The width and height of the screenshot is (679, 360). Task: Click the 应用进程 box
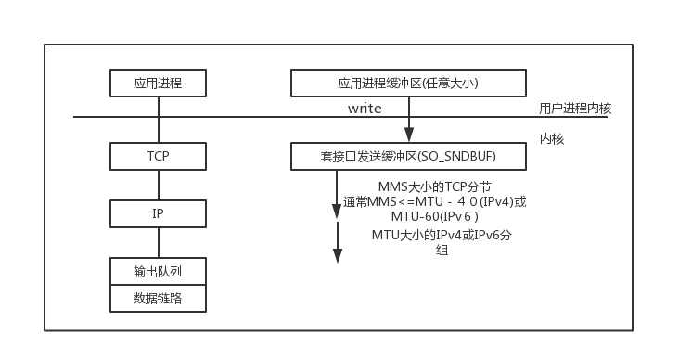tap(158, 84)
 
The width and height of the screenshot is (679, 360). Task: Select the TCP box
tap(158, 156)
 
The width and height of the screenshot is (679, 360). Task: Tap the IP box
tap(158, 213)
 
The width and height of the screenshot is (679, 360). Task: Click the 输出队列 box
tap(158, 271)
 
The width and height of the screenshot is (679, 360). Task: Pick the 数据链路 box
tap(158, 298)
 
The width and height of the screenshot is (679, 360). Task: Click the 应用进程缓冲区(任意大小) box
tap(408, 84)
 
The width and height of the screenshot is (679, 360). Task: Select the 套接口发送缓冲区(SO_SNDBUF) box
tap(408, 157)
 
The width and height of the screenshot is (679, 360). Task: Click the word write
tap(365, 109)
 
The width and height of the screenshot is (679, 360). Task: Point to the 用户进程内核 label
tap(575, 109)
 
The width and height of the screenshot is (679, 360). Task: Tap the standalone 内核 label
tap(552, 139)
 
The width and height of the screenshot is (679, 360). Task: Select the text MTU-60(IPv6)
tap(428, 215)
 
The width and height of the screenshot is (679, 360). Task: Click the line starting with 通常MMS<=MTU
tap(434, 201)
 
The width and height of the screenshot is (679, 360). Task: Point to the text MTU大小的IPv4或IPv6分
tap(441, 236)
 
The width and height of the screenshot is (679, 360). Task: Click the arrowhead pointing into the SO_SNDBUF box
tap(408, 135)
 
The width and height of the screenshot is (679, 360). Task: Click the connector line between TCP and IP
tap(158, 185)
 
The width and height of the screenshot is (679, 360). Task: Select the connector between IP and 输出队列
tap(158, 242)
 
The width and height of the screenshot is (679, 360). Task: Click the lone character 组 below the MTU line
tap(442, 251)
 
